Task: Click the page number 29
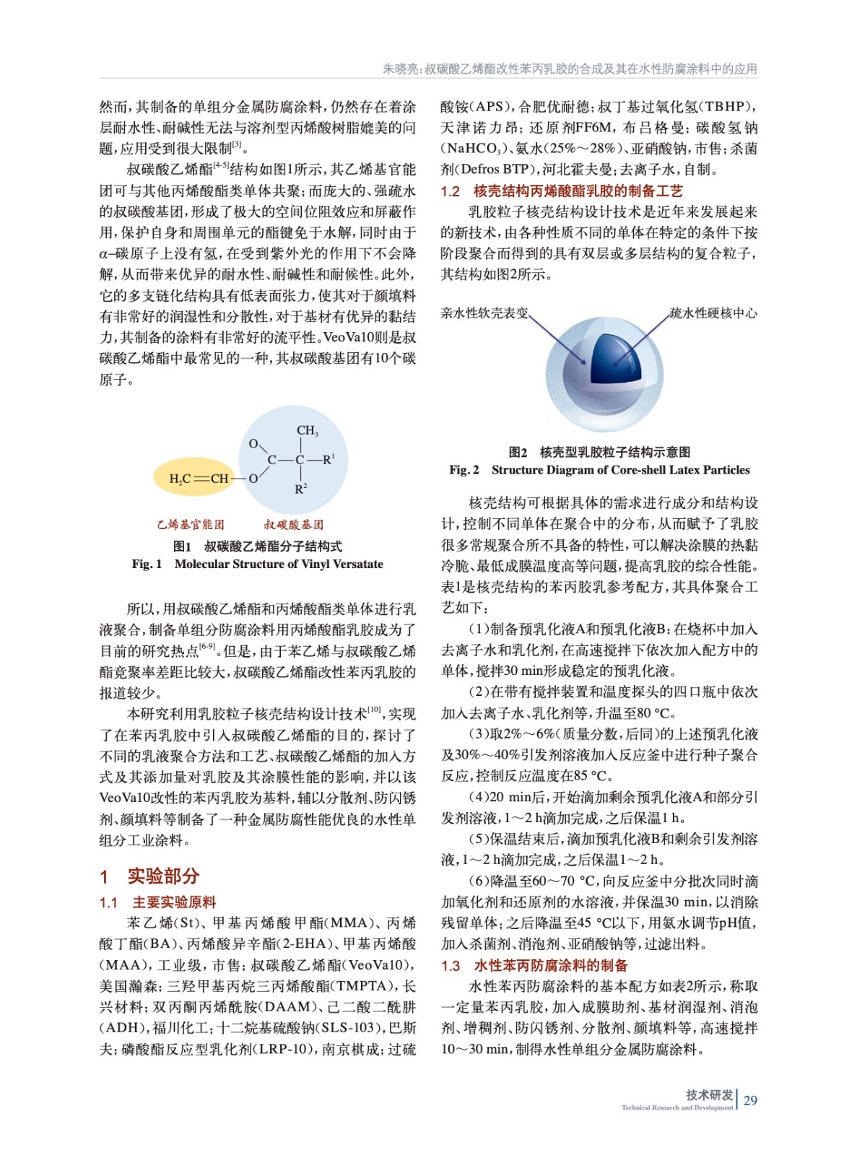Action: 750,1100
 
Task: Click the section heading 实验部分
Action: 163,876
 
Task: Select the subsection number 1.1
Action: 108,902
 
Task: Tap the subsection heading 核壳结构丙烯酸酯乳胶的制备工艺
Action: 578,191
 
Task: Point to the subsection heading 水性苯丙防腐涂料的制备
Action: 550,965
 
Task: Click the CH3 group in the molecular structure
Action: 307,431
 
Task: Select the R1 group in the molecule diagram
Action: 329,458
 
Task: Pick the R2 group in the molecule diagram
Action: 301,489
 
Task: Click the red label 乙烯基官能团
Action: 191,524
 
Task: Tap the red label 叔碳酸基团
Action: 293,524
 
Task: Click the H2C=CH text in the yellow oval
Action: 199,479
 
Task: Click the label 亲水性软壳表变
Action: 484,313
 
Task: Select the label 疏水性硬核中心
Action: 713,313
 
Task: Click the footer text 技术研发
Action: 709,1094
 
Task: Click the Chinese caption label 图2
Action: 518,452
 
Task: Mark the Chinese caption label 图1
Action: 182,546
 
